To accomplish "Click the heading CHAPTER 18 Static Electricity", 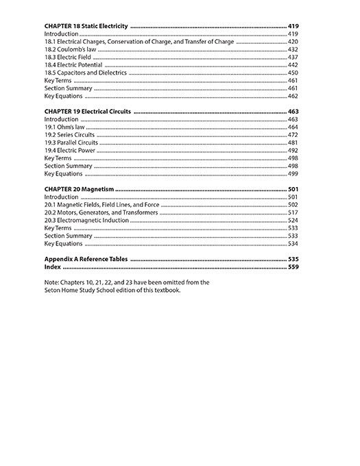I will [86, 25].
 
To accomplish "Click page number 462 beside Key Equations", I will [293, 96].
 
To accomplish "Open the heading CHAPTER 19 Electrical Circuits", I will [87, 111].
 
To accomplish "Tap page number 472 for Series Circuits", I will [293, 135].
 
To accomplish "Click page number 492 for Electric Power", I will [293, 150].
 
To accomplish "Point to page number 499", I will [293, 173].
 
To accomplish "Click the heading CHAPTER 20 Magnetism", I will [79, 188].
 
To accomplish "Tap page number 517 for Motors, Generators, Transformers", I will [293, 212].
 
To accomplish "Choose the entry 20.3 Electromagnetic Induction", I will [82, 220].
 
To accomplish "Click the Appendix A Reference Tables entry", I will [86, 260].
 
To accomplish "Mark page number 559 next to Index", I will [293, 267].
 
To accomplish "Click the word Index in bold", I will [53, 267].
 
